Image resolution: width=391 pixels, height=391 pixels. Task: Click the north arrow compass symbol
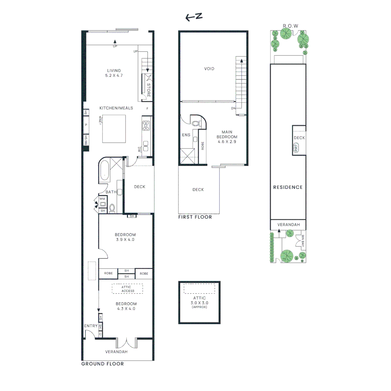pos(194,17)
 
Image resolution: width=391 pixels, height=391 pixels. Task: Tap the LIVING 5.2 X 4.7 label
pos(114,73)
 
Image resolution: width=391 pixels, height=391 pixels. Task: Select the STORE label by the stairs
pos(148,90)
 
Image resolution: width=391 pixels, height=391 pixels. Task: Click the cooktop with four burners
pos(146,125)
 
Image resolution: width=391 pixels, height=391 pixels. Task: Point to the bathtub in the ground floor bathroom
pos(104,175)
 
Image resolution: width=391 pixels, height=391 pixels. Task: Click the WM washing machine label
pos(102,199)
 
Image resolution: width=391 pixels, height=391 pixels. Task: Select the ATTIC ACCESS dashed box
pos(127,289)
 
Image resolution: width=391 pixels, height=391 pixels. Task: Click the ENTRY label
pos(91,326)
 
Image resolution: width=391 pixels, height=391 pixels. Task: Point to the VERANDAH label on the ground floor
pos(116,352)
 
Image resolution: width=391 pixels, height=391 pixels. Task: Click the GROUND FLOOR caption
pos(102,364)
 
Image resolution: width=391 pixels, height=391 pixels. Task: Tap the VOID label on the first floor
pos(209,68)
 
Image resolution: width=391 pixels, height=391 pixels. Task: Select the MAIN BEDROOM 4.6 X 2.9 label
pos(227,137)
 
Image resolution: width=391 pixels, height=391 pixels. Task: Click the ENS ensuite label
pos(186,135)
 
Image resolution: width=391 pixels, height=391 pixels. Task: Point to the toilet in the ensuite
pos(196,123)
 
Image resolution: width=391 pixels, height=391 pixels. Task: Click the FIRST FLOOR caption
pos(195,217)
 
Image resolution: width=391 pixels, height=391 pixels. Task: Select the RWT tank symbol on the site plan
pos(297,148)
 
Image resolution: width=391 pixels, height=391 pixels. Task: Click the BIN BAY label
pos(303,241)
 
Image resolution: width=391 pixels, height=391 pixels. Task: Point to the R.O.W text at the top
pos(290,26)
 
